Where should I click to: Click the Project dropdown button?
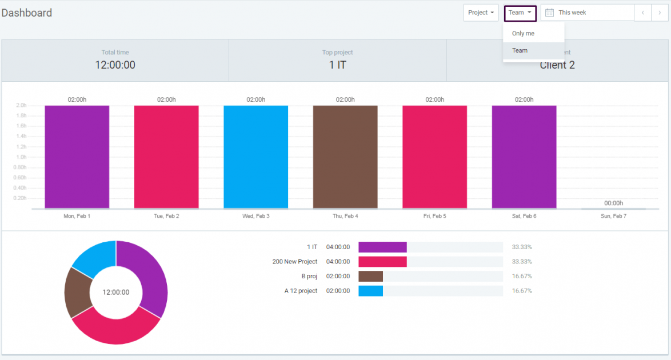point(481,13)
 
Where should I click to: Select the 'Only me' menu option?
point(523,34)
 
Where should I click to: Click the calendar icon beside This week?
point(549,13)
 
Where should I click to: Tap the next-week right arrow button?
point(660,13)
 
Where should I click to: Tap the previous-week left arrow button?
point(642,13)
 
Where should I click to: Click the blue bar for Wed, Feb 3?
point(255,157)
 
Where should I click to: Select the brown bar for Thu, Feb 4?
point(345,157)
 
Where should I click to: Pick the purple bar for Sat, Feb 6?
point(524,157)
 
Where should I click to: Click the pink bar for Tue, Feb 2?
point(166,157)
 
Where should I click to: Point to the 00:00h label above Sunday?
point(613,203)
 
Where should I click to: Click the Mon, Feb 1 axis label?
point(77,217)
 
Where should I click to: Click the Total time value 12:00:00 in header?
point(115,65)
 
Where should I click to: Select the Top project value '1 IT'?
point(337,65)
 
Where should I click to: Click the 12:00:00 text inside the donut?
point(116,292)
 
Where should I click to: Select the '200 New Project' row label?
point(294,262)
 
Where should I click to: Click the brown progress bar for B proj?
point(370,276)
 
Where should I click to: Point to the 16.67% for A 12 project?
point(522,291)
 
